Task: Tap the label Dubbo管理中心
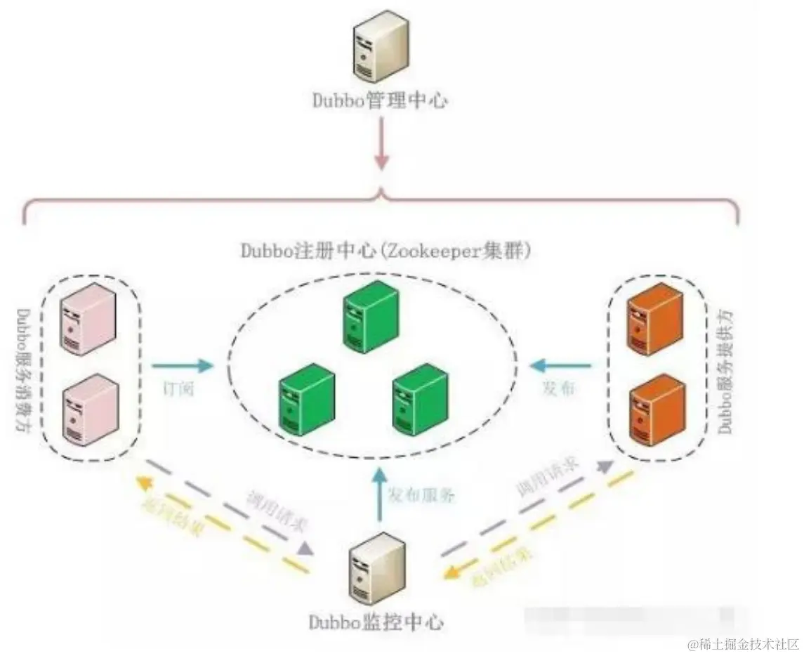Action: pyautogui.click(x=380, y=100)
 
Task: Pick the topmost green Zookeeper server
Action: pyautogui.click(x=371, y=316)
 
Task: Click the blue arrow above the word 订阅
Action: pyautogui.click(x=182, y=365)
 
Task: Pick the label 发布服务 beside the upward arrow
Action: pyautogui.click(x=422, y=494)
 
